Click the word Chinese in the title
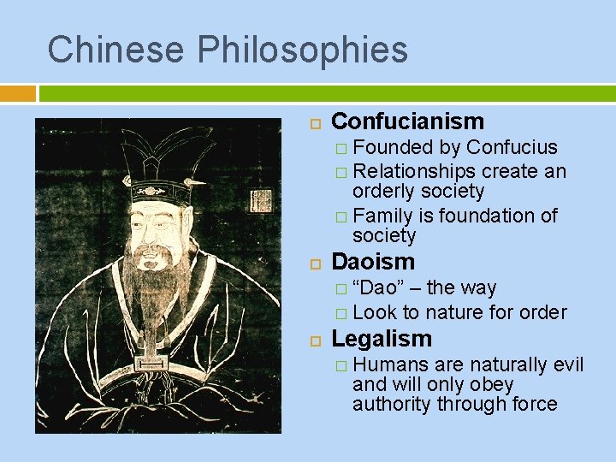coord(115,50)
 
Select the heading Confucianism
coord(407,121)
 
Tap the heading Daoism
coord(372,262)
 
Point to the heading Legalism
coord(381,339)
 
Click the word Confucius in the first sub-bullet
coord(512,147)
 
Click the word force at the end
coord(533,404)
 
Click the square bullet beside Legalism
coord(313,341)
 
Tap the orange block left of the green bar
coord(18,92)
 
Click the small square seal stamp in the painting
coord(260,201)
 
